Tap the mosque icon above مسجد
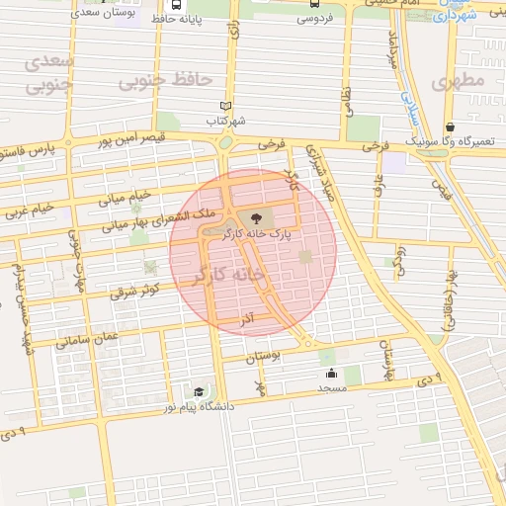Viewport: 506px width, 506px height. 331,374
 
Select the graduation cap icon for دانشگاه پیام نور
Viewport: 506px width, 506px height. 200,392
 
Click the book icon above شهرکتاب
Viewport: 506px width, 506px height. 225,107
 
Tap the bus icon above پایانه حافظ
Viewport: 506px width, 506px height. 176,4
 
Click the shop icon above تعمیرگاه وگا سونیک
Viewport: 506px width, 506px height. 450,126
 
